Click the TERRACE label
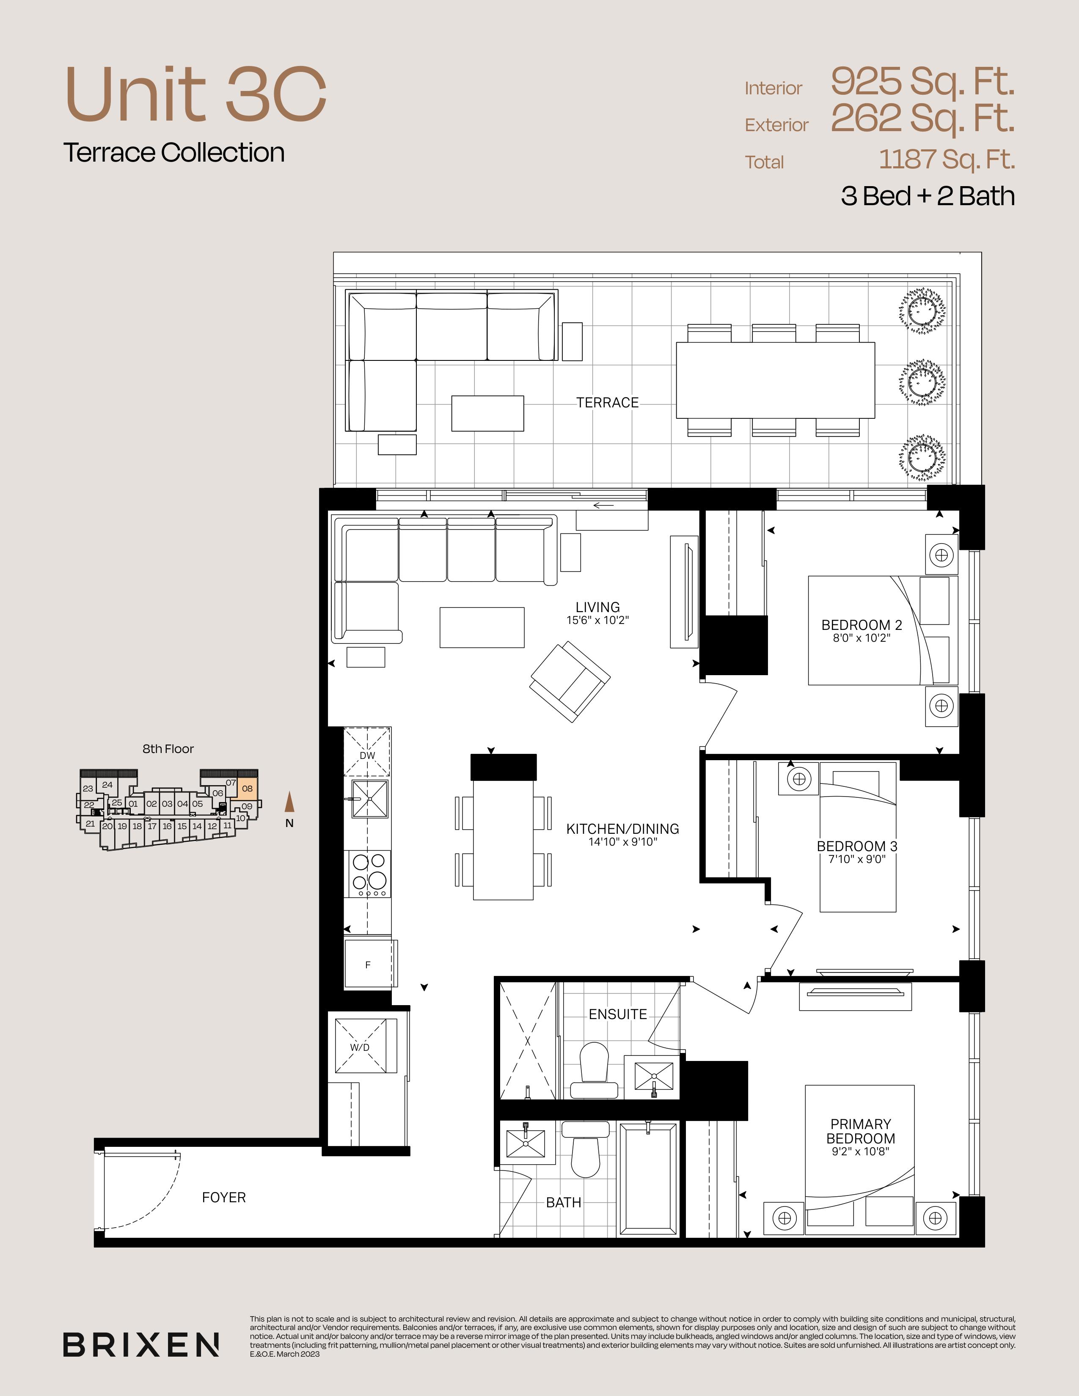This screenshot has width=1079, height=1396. (607, 403)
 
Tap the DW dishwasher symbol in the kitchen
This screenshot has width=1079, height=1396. (368, 752)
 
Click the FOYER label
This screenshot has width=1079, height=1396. (224, 1197)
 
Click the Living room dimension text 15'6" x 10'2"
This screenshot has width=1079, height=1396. (597, 620)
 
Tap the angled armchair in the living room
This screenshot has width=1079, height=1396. (570, 682)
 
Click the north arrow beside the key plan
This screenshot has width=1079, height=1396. (289, 802)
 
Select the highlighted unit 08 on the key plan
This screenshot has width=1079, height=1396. (248, 788)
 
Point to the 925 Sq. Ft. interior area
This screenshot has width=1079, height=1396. (922, 81)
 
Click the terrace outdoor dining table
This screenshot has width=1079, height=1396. (775, 380)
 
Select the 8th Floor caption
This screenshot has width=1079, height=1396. (168, 748)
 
